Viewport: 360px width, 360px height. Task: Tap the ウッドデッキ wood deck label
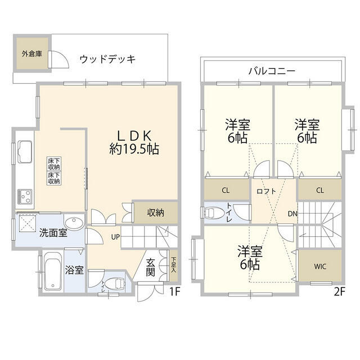107,59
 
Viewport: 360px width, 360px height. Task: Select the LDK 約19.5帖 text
134,143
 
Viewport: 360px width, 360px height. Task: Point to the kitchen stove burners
25,196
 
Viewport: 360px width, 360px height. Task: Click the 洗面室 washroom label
53,233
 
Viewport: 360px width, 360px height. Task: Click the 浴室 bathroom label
75,270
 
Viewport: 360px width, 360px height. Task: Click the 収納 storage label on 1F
156,213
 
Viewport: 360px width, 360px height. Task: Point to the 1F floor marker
175,292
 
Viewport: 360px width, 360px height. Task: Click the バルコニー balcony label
272,71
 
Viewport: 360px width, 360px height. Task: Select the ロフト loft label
265,191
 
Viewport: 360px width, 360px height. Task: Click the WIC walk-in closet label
320,267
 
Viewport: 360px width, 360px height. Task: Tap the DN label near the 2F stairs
292,214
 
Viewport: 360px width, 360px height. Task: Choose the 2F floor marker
339,292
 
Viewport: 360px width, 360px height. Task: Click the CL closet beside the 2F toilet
225,190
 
